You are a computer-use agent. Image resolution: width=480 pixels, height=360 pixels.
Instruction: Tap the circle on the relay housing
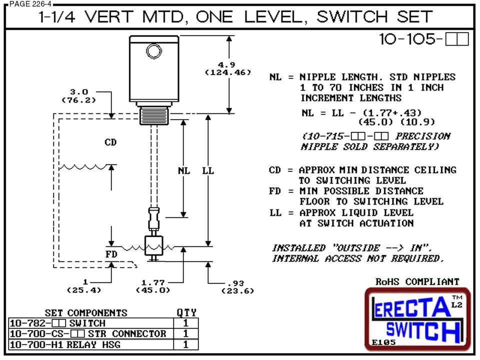click(151, 50)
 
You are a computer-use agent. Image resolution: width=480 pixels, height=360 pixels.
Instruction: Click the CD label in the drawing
click(110, 142)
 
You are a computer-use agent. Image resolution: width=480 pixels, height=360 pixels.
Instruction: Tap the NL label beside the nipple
click(184, 171)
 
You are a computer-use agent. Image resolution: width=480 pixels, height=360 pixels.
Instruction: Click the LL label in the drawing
click(208, 171)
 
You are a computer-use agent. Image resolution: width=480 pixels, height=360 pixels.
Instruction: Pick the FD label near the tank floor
click(111, 254)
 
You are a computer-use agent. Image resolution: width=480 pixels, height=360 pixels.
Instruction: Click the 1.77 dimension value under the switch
click(153, 282)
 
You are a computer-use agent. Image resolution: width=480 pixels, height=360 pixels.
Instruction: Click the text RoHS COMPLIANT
click(417, 282)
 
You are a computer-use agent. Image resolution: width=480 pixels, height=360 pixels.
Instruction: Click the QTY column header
click(186, 312)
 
